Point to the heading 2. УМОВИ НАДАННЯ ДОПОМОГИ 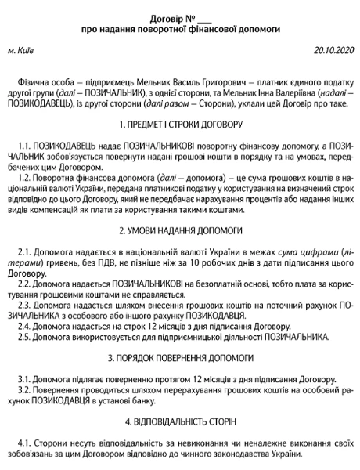tap(180, 231)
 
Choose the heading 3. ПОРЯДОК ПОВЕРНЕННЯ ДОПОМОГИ tap(180, 379)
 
